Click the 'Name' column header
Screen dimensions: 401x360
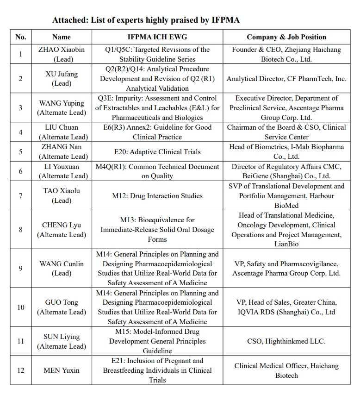point(62,37)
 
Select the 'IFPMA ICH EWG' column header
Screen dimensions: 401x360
point(157,37)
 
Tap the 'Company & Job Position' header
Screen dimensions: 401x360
point(286,37)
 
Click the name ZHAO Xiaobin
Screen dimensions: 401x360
point(62,50)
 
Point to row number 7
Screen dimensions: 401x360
point(20,195)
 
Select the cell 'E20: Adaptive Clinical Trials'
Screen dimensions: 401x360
point(157,151)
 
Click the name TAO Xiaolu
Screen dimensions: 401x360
point(62,191)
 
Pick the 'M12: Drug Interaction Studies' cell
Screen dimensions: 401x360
point(157,195)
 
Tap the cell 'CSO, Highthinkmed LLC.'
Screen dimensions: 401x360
point(286,341)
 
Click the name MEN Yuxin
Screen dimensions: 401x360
point(62,370)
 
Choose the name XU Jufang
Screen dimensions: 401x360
point(62,74)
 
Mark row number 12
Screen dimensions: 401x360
point(20,370)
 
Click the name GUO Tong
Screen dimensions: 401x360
point(62,302)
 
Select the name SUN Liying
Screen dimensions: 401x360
point(62,337)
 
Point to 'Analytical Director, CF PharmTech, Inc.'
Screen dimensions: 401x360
point(286,79)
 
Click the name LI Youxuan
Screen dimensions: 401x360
point(62,166)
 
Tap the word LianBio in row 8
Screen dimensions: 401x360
point(286,244)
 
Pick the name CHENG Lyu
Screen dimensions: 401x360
point(62,225)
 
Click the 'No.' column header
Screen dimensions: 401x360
point(20,37)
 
